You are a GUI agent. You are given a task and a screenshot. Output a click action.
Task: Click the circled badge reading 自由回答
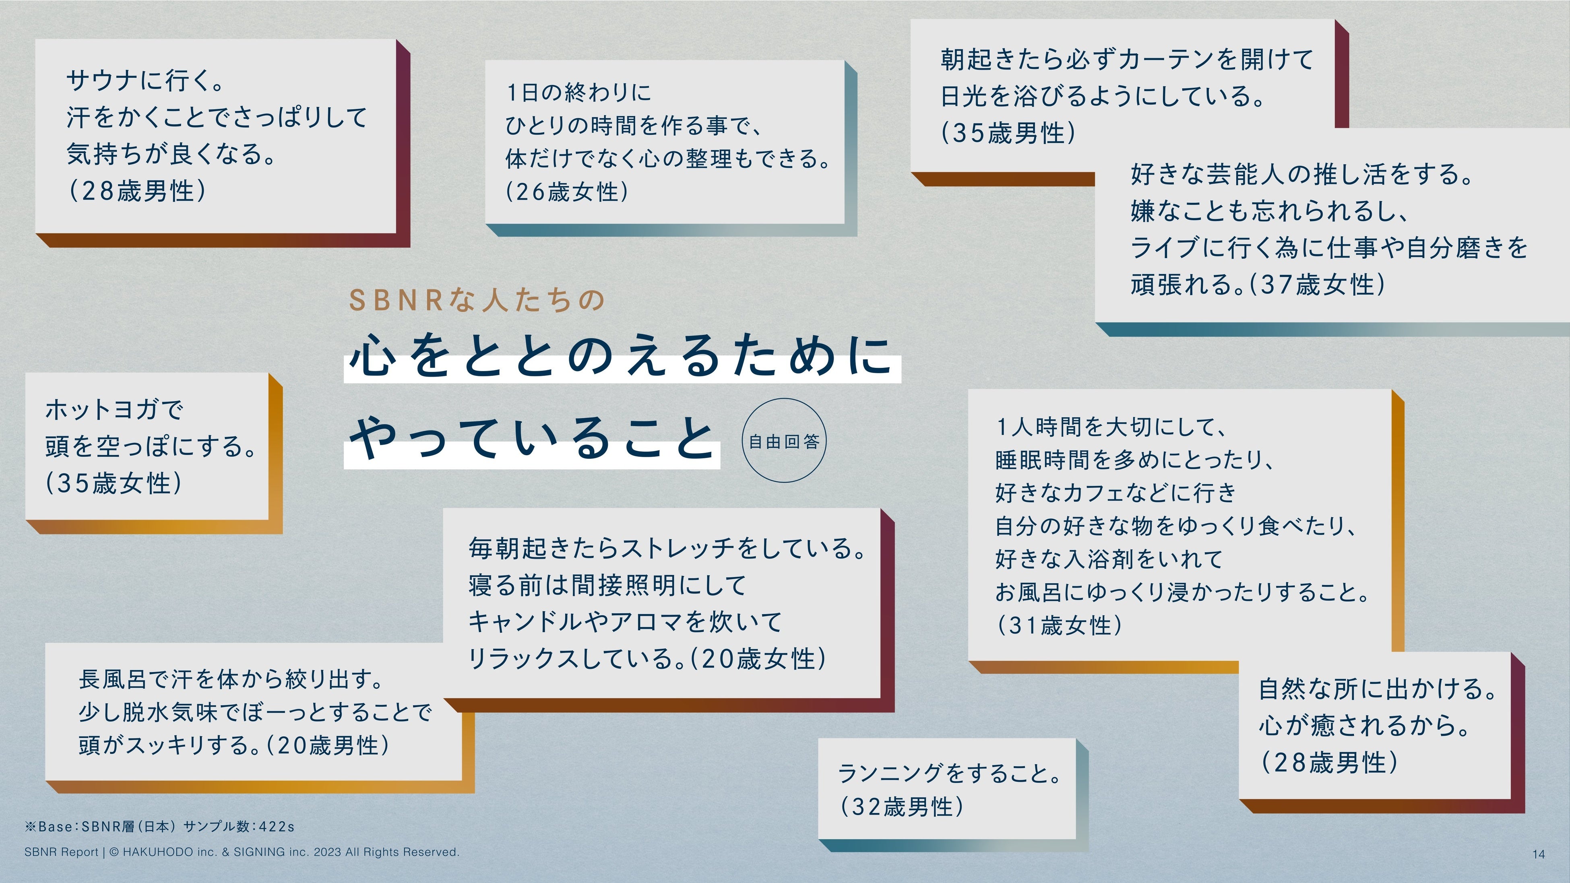pyautogui.click(x=784, y=441)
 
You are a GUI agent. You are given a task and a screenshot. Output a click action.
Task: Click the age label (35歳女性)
pyautogui.click(x=114, y=483)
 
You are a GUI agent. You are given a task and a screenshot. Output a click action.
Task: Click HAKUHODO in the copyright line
pyautogui.click(x=158, y=852)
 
